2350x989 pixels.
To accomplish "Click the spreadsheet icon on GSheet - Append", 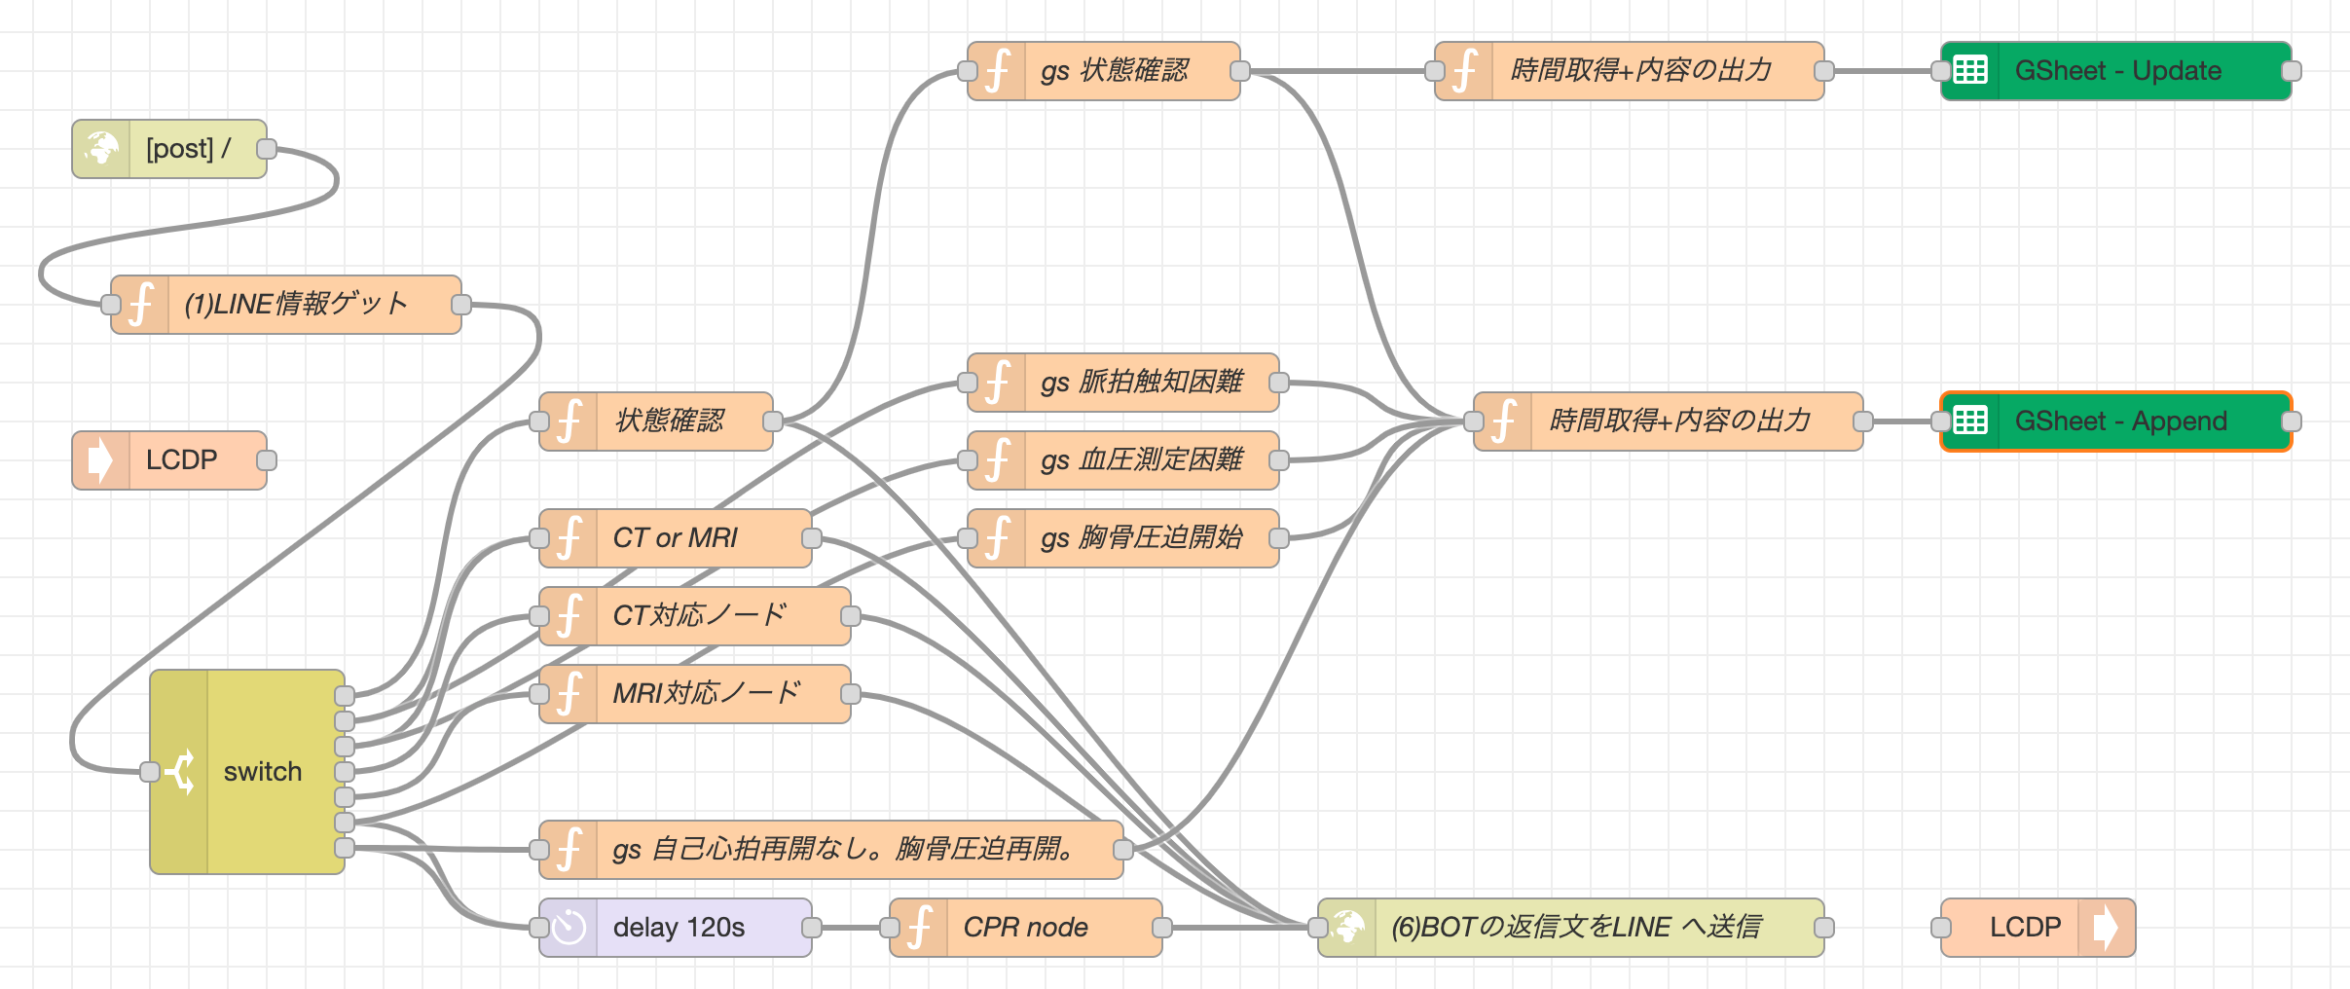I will point(1970,421).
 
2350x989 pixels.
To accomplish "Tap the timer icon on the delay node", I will point(569,928).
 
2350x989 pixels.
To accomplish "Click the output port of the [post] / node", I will point(266,149).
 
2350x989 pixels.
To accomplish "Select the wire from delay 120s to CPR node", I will point(851,928).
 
